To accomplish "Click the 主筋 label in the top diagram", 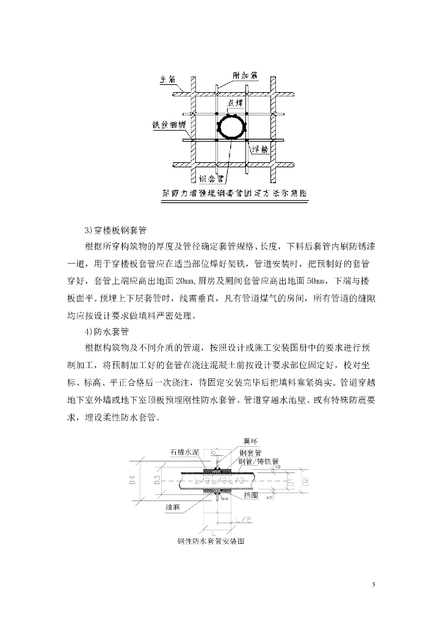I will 167,79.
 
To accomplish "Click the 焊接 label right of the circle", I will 259,150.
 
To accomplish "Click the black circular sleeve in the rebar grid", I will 231,127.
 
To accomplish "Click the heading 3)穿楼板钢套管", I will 115,231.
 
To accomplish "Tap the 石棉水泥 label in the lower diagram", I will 184,452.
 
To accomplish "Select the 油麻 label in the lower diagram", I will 172,507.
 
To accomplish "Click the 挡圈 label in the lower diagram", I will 252,496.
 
